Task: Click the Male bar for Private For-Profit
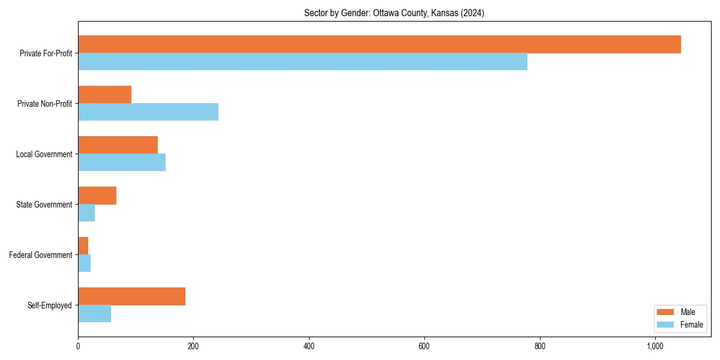tap(379, 44)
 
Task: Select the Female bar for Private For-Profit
tap(302, 62)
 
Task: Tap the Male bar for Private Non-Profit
tap(104, 95)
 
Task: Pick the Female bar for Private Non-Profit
tap(148, 112)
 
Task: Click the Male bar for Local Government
tap(118, 145)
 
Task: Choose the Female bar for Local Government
tap(122, 163)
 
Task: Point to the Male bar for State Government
tap(97, 196)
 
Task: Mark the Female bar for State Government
tap(86, 213)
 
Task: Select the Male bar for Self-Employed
tap(131, 296)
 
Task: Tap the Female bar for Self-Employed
tap(94, 314)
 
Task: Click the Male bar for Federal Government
tap(83, 246)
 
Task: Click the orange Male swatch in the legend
tap(665, 312)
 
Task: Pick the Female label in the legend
tap(692, 325)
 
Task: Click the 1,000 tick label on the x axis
tap(655, 346)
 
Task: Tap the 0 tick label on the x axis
tap(78, 346)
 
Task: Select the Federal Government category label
tap(41, 255)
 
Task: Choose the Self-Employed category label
tap(50, 305)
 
